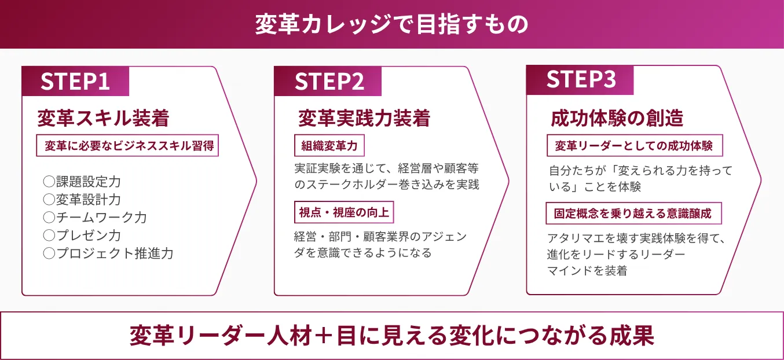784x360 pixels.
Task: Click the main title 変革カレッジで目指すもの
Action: click(392, 24)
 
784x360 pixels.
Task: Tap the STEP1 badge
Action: click(75, 82)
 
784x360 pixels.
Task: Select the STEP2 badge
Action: click(329, 82)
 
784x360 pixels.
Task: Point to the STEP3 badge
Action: click(581, 80)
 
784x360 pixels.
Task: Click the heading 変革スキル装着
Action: click(103, 119)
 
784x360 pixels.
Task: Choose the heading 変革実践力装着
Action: click(364, 119)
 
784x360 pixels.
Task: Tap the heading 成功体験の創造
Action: click(617, 119)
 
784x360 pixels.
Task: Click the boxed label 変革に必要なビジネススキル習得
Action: click(127, 146)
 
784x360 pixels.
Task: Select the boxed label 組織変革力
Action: click(329, 146)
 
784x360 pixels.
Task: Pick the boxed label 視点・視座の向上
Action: click(344, 212)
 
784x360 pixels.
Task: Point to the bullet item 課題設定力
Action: click(88, 182)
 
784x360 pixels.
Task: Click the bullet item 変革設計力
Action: click(88, 200)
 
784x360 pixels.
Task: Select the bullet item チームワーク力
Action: click(101, 218)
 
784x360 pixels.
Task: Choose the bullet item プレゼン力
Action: click(88, 236)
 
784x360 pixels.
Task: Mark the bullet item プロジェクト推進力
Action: click(114, 254)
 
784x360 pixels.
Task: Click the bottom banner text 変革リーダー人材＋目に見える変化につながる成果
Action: click(392, 336)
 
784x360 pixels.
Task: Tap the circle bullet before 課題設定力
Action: click(49, 182)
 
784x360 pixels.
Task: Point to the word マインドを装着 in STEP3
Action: click(587, 270)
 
